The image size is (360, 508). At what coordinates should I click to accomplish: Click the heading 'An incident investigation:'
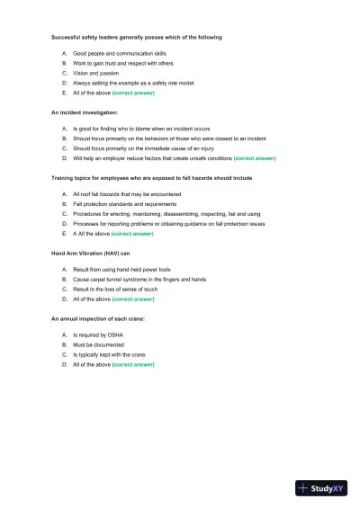[x=84, y=111]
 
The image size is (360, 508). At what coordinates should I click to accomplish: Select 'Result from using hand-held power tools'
[x=121, y=269]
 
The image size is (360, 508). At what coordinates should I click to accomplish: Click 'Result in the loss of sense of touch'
[x=116, y=290]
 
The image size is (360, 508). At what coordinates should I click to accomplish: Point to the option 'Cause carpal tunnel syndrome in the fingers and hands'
[x=140, y=280]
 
